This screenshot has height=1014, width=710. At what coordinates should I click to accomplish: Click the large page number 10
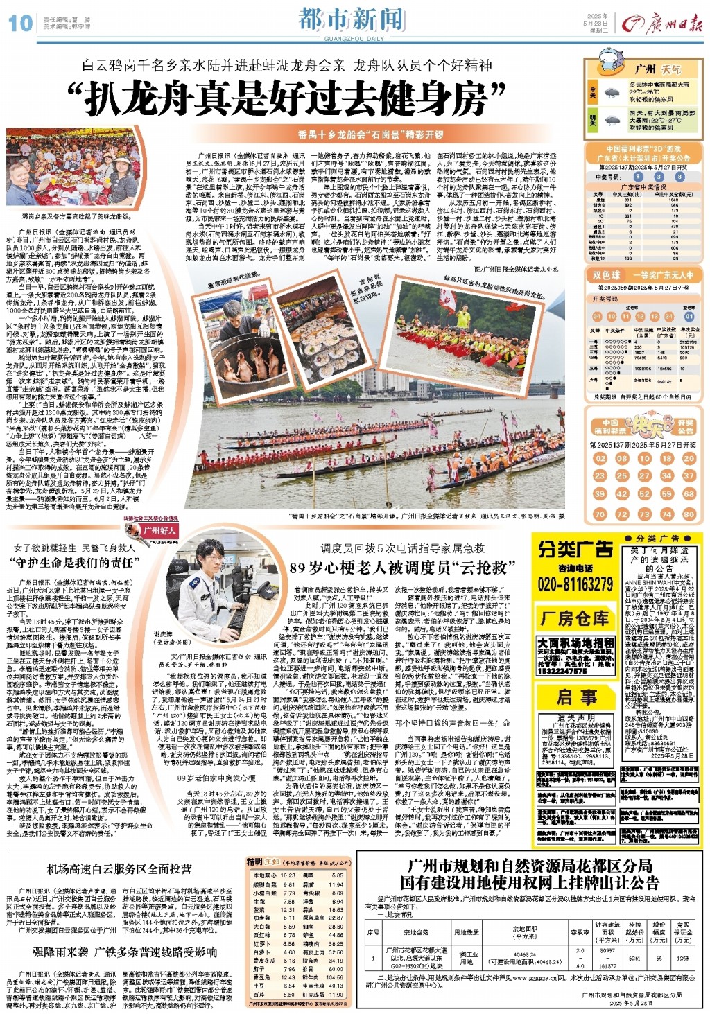pyautogui.click(x=20, y=23)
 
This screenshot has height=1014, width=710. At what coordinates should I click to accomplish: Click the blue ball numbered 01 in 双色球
pyautogui.click(x=689, y=317)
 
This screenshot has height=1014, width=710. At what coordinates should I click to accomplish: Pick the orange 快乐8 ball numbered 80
pyautogui.click(x=689, y=514)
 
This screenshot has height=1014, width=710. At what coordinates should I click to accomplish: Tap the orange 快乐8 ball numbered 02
pyautogui.click(x=600, y=458)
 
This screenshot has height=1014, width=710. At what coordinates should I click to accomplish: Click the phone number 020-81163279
pyautogui.click(x=575, y=584)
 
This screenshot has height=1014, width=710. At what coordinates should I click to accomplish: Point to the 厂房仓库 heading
pyautogui.click(x=575, y=618)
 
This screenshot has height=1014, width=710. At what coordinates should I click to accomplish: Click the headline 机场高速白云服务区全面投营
pyautogui.click(x=119, y=869)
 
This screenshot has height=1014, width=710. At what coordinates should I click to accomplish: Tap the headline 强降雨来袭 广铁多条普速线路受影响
pyautogui.click(x=125, y=952)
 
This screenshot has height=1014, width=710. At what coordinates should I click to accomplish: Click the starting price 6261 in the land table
pyautogui.click(x=634, y=959)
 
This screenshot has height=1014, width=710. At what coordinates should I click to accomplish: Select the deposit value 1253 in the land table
pyautogui.click(x=682, y=959)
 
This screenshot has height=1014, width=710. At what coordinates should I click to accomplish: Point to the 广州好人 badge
pyautogui.click(x=158, y=530)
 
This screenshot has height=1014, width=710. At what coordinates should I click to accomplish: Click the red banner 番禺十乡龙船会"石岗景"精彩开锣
pyautogui.click(x=370, y=134)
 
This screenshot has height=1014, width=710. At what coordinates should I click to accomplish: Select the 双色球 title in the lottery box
pyautogui.click(x=607, y=275)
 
